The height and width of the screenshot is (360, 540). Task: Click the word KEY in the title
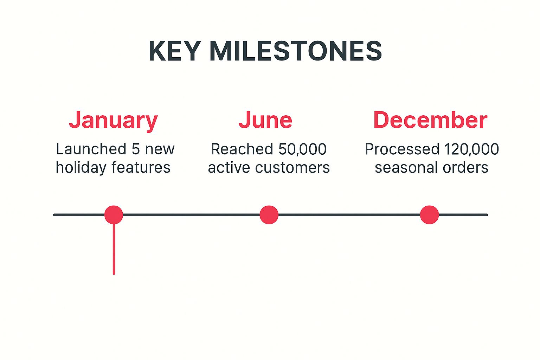[174, 51]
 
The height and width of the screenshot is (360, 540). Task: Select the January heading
[113, 120]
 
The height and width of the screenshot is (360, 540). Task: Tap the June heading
[265, 120]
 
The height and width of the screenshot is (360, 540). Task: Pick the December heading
[430, 120]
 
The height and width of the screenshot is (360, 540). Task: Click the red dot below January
[114, 215]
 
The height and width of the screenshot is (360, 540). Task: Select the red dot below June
[269, 215]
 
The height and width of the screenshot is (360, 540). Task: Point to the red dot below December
[429, 215]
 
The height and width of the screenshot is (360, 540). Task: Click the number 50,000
[302, 149]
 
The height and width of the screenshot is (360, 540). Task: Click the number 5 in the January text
[135, 149]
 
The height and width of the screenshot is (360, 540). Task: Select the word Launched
[91, 149]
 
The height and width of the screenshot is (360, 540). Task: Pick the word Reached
[242, 149]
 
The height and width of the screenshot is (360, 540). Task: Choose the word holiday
[81, 168]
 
